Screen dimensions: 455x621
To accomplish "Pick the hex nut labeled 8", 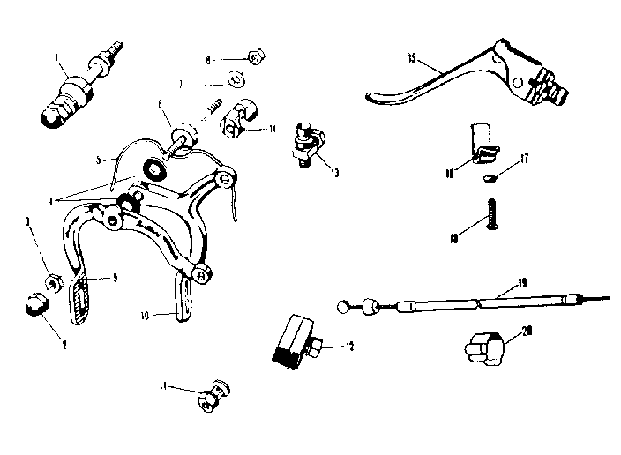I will pos(255,59).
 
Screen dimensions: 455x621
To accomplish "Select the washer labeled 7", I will pos(236,81).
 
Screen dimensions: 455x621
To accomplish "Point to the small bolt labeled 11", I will pos(211,399).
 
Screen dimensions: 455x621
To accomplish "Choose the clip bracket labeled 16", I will pos(481,144).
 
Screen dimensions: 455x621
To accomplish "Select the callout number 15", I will pos(412,59).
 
